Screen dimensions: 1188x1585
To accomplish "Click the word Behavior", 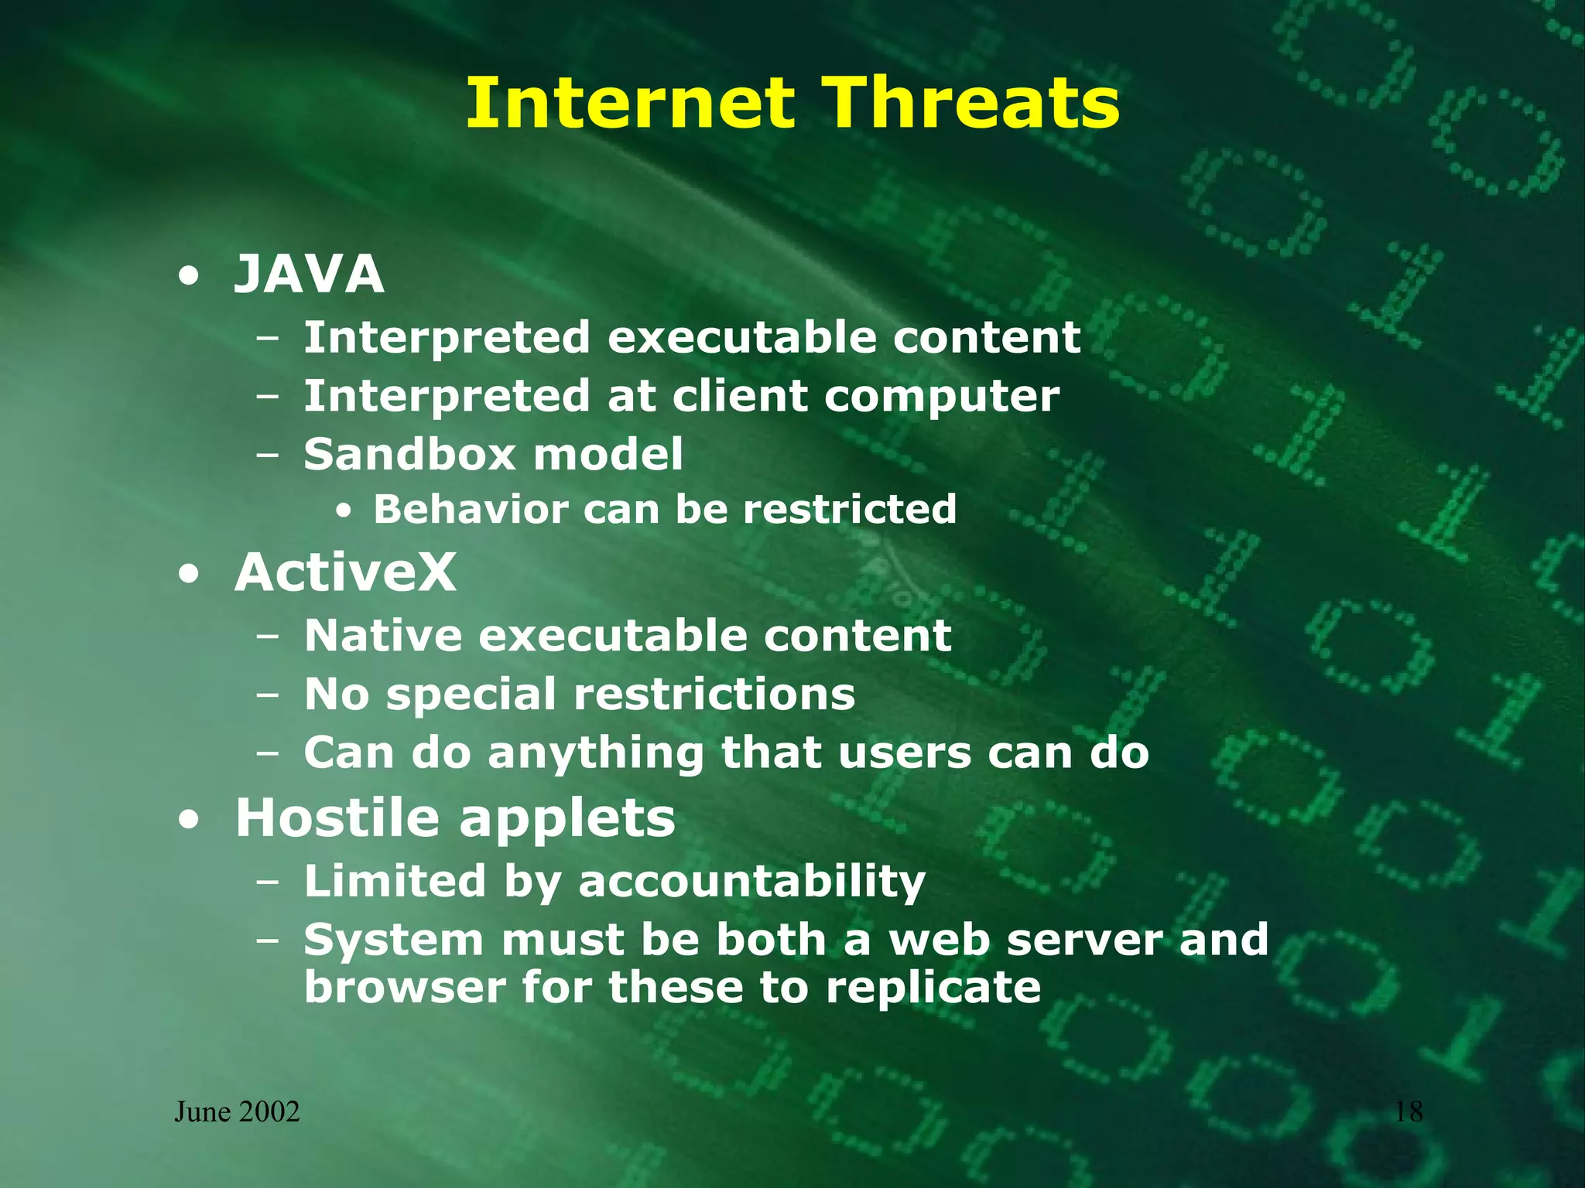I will [471, 509].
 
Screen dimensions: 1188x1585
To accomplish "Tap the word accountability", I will [751, 882].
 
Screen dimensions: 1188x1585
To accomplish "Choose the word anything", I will [596, 754].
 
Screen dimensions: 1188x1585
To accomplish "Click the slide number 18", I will [1408, 1111].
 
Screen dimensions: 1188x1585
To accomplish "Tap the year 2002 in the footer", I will [269, 1111].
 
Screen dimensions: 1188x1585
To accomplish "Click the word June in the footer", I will [202, 1112].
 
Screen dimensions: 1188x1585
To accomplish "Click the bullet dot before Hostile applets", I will [187, 819].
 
